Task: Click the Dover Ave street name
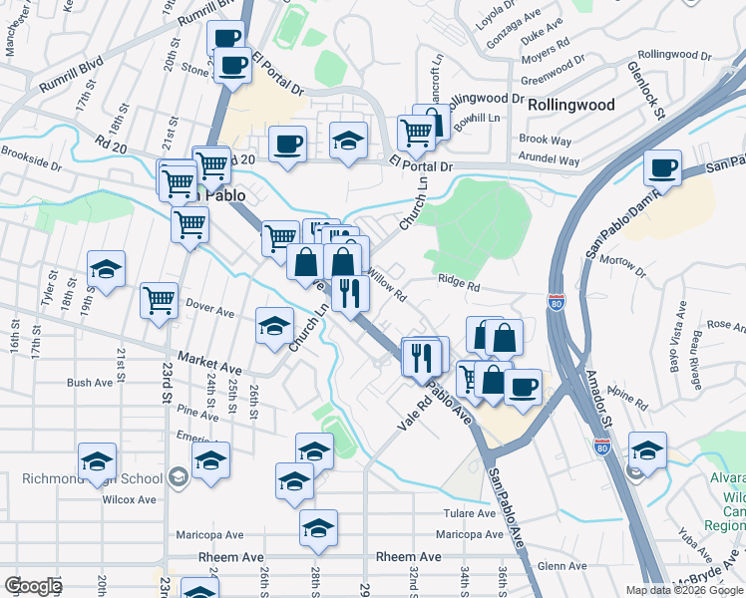(209, 312)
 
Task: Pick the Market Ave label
(210, 362)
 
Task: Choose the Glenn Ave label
(561, 565)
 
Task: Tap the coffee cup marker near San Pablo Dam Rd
(662, 166)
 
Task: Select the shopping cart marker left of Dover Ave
(159, 299)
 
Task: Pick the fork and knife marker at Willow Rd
(350, 292)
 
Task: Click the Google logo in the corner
(33, 586)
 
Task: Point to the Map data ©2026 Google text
(684, 590)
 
